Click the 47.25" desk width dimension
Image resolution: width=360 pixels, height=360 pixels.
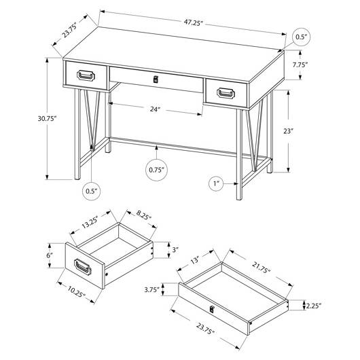pos(194,23)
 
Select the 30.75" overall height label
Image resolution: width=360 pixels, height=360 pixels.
pos(47,119)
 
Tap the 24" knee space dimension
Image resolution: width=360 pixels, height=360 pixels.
pos(155,109)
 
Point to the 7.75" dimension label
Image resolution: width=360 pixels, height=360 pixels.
pos(300,65)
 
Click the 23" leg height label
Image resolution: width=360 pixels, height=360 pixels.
pos(289,131)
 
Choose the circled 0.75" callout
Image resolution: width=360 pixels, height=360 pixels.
pos(157,170)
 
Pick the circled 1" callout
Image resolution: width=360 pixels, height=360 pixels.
pos(216,183)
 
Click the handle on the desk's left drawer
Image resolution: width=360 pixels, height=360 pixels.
pos(86,75)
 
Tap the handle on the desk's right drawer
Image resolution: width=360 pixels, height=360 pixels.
pos(226,93)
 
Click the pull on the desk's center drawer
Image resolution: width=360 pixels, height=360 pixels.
pos(156,79)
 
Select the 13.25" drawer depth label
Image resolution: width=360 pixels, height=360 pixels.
pos(90,222)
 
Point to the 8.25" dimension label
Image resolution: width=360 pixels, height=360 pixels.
pos(144,215)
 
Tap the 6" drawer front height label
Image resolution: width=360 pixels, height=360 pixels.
pos(50,255)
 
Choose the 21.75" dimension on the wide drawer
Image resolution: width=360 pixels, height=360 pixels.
pos(262,268)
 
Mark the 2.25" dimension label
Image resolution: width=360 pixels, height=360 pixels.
pos(313,306)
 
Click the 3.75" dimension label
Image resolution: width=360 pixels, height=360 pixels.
pos(151,290)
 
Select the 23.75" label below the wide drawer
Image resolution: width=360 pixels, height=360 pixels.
pos(205,328)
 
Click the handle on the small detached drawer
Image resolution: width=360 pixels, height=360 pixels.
pos(83,266)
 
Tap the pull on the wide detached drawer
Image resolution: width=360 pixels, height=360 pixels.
pos(212,309)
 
